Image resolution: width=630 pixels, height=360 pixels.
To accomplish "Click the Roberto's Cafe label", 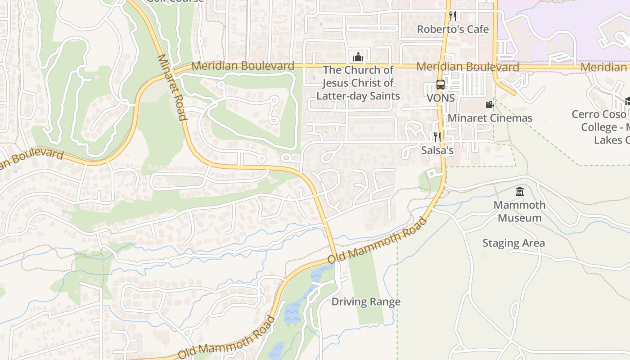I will (453, 29).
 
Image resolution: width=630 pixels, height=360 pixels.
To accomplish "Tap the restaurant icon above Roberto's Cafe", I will (453, 16).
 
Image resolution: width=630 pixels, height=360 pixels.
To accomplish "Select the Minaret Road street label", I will (171, 88).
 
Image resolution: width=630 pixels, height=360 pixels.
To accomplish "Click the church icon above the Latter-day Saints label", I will (358, 57).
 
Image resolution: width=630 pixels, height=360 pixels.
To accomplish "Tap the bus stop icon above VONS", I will (440, 85).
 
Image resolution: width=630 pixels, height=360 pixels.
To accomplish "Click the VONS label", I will (440, 98).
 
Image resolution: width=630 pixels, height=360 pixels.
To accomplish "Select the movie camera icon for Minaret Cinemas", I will (490, 105).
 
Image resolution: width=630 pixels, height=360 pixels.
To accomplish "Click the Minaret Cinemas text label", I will (490, 118).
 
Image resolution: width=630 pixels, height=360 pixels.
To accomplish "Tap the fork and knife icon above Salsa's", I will (437, 137).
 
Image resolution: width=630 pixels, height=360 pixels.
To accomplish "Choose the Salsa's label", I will (437, 150).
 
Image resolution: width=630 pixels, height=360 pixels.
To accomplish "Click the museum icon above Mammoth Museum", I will (520, 192).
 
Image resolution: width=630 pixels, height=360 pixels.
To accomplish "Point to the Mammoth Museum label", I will (520, 211).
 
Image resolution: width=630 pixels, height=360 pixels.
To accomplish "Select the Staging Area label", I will (513, 243).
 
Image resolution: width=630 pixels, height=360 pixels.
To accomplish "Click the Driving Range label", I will (366, 301).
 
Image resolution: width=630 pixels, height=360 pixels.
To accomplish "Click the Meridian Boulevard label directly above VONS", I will (468, 67).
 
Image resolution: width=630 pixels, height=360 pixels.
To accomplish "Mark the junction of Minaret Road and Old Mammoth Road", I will (335, 257).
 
